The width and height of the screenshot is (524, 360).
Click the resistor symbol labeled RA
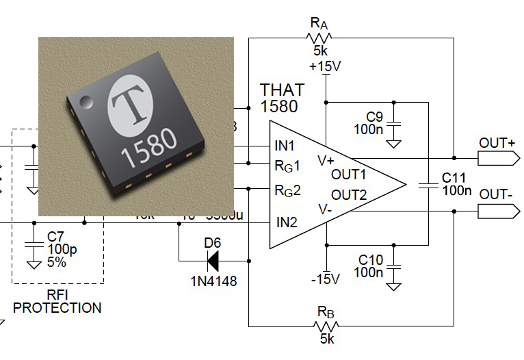[319, 38]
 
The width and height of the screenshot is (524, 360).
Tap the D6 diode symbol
[212, 260]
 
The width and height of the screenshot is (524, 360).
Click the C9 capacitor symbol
[394, 123]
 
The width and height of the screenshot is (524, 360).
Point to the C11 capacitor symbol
[428, 183]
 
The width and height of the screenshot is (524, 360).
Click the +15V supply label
[326, 67]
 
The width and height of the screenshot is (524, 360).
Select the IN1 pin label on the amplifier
[285, 146]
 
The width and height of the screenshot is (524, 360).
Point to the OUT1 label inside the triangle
[349, 174]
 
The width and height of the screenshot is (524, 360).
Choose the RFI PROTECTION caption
[57, 301]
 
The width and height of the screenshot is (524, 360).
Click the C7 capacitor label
[56, 236]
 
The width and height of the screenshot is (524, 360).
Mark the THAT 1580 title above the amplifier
[281, 98]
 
